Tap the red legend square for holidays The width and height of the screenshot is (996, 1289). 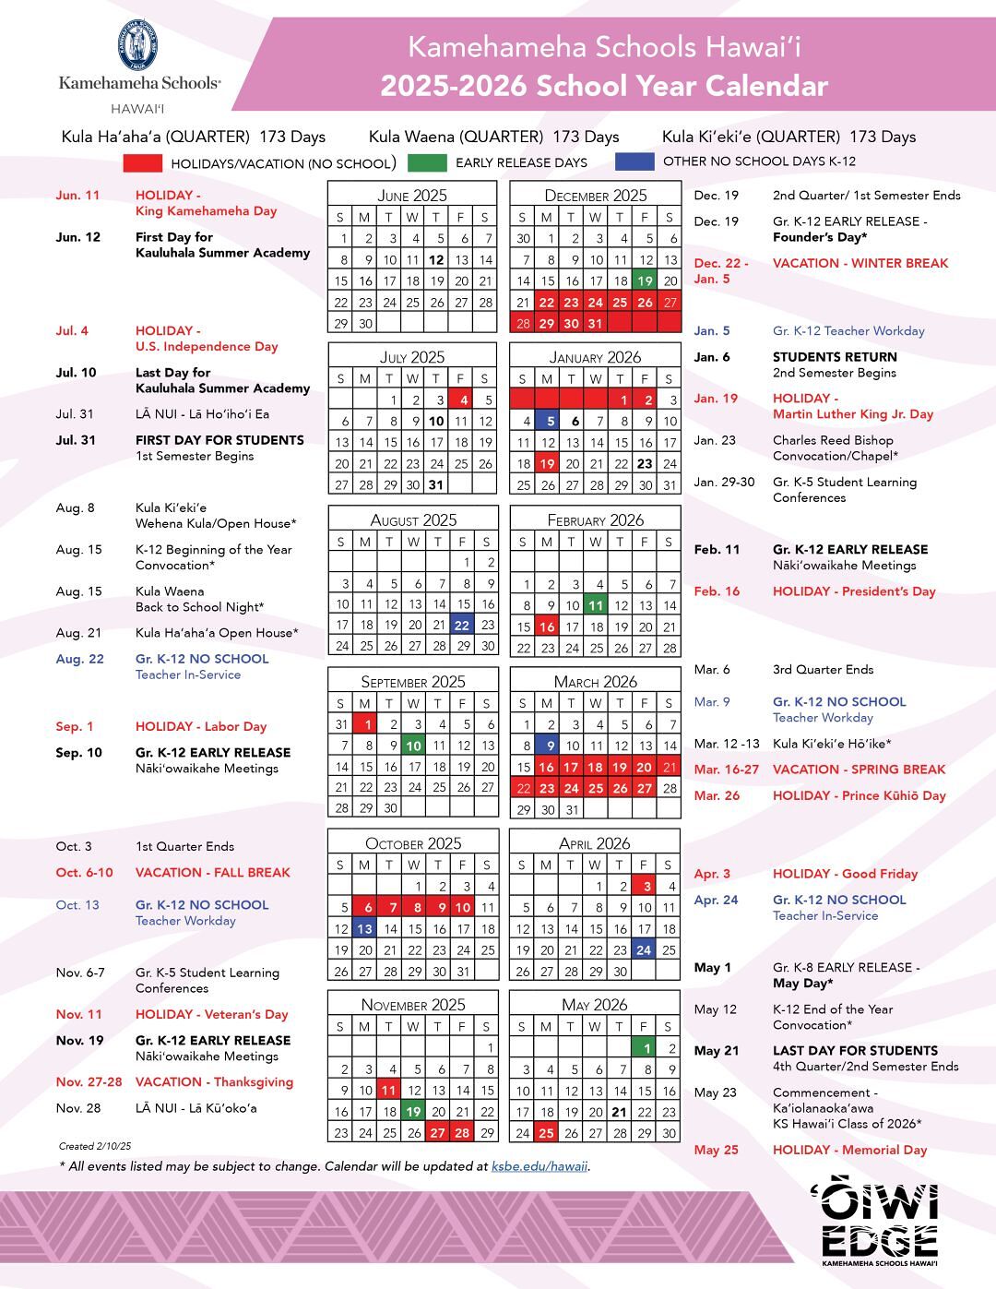142,162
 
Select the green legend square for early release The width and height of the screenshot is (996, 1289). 425,162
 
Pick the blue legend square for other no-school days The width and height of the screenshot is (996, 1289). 634,161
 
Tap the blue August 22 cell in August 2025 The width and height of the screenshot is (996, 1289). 462,625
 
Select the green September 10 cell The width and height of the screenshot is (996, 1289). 414,746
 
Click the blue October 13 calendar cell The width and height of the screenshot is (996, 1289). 365,929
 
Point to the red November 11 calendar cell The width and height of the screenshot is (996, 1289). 389,1090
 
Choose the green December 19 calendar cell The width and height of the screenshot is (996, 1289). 645,281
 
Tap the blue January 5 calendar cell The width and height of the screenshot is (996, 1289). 549,421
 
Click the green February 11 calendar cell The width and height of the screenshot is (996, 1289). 596,605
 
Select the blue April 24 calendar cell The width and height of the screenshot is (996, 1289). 643,949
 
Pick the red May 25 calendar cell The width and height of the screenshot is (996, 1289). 547,1133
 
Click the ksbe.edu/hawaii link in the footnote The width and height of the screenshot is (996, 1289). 539,1166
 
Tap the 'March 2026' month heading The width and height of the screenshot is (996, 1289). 595,682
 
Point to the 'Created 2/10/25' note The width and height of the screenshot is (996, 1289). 95,1147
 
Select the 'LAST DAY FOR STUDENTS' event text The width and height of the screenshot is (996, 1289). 855,1050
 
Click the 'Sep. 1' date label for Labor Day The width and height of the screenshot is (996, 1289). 75,726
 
